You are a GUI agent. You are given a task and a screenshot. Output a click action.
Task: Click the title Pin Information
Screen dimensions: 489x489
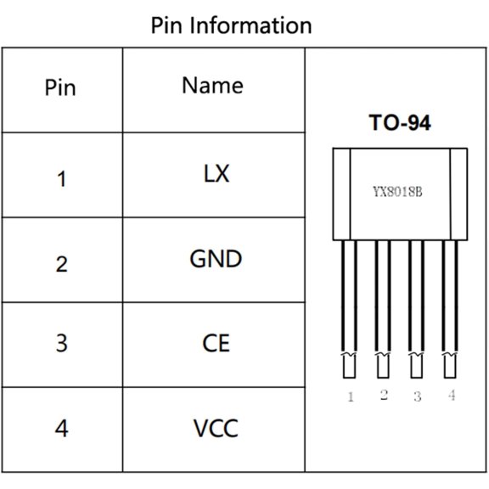click(x=231, y=25)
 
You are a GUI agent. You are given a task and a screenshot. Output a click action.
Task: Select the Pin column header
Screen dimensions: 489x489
click(x=60, y=88)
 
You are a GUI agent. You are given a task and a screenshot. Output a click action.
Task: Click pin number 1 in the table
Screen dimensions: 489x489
click(x=61, y=179)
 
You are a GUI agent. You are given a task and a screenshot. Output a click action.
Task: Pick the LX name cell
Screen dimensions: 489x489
click(x=216, y=174)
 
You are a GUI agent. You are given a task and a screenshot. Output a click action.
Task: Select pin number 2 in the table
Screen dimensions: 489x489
click(x=61, y=264)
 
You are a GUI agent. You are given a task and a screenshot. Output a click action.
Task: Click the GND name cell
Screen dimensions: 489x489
click(x=216, y=259)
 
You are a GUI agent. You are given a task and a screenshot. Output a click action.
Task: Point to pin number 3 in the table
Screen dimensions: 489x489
click(x=61, y=344)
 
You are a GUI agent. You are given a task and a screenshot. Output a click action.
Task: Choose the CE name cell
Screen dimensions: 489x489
click(x=216, y=344)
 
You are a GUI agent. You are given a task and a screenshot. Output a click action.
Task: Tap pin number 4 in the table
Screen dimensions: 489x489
click(x=61, y=428)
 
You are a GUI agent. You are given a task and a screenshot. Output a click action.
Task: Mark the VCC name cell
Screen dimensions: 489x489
click(x=216, y=429)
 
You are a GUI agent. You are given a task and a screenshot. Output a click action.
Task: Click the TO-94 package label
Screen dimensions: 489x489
click(x=399, y=124)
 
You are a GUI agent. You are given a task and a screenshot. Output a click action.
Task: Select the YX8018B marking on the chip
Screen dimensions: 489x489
click(x=397, y=191)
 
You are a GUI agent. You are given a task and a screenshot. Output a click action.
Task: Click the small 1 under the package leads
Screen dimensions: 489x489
click(x=350, y=396)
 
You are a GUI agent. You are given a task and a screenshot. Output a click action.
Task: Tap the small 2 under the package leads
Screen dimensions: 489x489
click(x=384, y=395)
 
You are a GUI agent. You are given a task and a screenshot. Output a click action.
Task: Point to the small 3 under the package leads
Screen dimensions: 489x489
click(x=417, y=396)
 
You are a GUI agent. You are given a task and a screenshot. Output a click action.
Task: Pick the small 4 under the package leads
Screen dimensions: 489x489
click(x=451, y=395)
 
